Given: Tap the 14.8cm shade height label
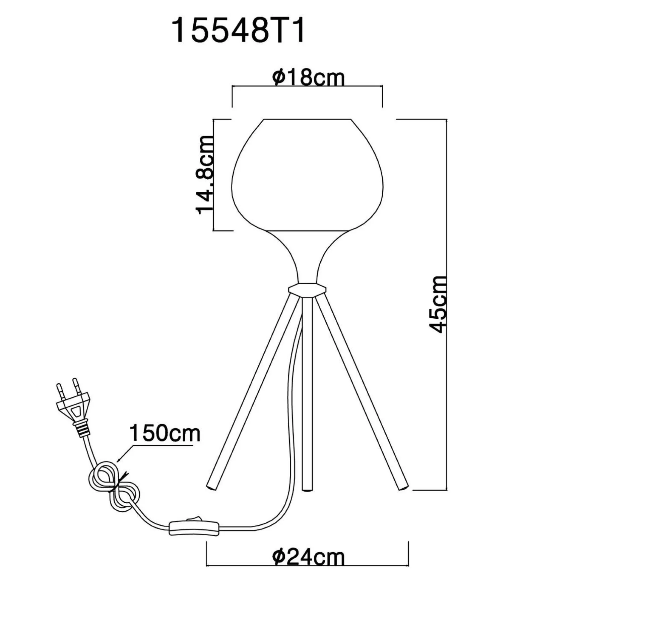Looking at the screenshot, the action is (x=204, y=175).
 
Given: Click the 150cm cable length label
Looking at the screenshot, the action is (x=164, y=433).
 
